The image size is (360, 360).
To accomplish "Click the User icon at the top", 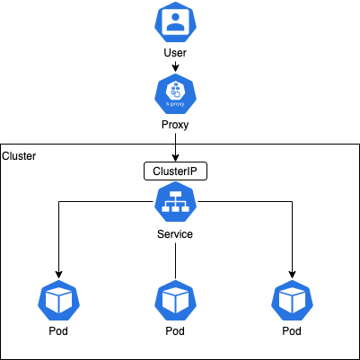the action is click(175, 22).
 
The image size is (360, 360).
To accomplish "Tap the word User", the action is click(175, 53).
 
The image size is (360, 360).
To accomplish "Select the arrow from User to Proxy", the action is click(175, 66).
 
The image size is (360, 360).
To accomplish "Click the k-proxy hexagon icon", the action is click(175, 93).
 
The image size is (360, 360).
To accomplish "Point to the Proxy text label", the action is click(175, 125).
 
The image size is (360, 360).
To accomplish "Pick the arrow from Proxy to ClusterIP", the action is click(175, 147).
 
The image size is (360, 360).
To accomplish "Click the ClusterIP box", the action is click(175, 171).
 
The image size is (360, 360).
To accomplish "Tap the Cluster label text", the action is click(19, 156).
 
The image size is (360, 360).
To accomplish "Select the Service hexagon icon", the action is click(175, 201).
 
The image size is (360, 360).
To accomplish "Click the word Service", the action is click(175, 233).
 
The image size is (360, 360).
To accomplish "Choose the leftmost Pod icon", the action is click(58, 301).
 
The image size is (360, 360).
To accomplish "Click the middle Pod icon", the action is click(175, 301).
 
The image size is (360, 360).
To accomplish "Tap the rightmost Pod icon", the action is click(292, 301).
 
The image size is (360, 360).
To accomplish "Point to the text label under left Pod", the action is click(58, 331).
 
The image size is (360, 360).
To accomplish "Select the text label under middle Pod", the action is click(175, 331).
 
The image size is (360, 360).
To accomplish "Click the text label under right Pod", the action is click(292, 331).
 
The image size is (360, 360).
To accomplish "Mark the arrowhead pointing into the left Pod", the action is click(59, 275).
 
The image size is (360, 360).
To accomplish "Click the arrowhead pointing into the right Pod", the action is click(293, 275).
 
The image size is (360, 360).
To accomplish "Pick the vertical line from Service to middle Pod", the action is click(175, 260).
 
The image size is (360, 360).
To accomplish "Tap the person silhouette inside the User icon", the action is click(175, 22).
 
